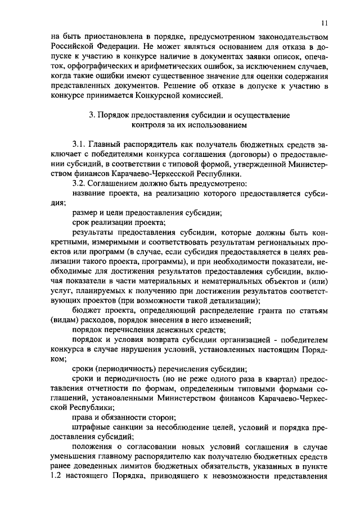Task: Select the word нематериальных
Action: click(230, 281)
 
